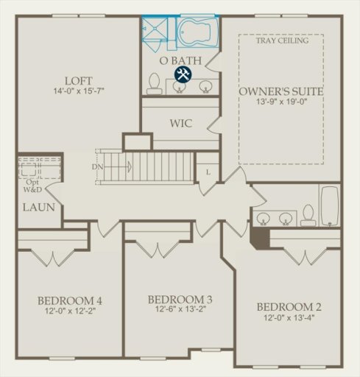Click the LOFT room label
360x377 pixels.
coord(78,80)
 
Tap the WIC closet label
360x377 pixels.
coord(180,123)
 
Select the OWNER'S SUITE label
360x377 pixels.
coord(282,92)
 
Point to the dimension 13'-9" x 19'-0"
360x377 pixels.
coord(282,105)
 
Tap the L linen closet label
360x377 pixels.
coord(208,172)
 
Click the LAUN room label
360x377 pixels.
coord(38,207)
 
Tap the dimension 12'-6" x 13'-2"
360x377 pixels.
coord(180,311)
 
